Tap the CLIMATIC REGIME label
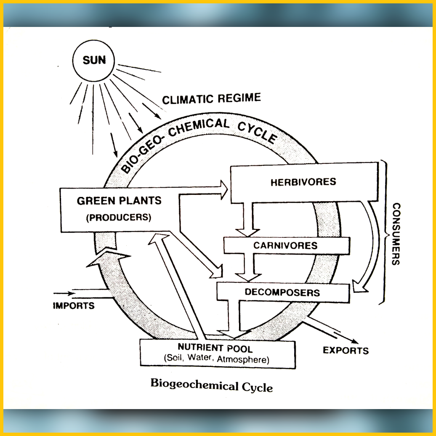pyautogui.click(x=211, y=99)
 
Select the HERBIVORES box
pyautogui.click(x=303, y=182)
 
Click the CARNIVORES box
pyautogui.click(x=285, y=245)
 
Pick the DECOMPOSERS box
pyautogui.click(x=282, y=292)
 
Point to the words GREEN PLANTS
pyautogui.click(x=119, y=201)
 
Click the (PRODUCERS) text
pyautogui.click(x=119, y=218)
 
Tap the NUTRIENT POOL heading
pyautogui.click(x=215, y=348)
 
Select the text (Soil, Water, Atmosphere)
pyautogui.click(x=216, y=360)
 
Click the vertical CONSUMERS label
pyautogui.click(x=396, y=234)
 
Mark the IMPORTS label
pyautogui.click(x=74, y=306)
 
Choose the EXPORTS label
pyautogui.click(x=346, y=350)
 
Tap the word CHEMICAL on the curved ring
pyautogui.click(x=202, y=127)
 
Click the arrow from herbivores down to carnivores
pyautogui.click(x=246, y=219)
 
